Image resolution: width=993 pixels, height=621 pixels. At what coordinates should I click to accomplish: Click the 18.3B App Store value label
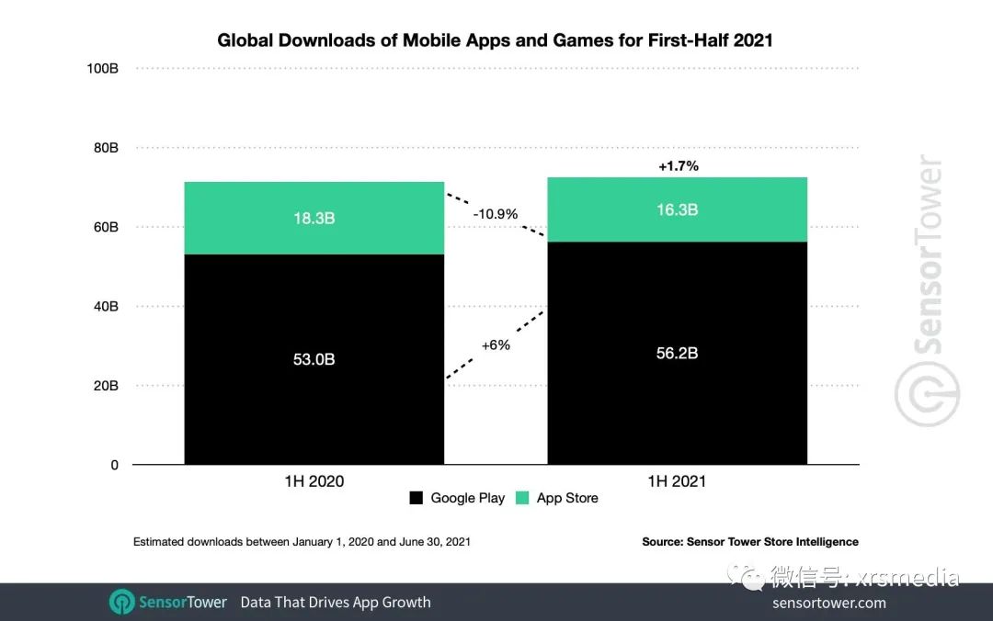(x=314, y=218)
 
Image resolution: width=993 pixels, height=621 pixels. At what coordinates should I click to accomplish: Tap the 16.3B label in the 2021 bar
(x=678, y=209)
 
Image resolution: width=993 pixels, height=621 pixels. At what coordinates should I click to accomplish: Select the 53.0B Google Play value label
(x=314, y=359)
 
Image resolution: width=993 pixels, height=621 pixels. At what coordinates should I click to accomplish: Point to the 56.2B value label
(x=678, y=353)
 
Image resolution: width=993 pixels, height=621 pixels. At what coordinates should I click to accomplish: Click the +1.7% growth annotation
(x=679, y=166)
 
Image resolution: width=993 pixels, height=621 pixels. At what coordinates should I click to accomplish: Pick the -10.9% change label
(x=496, y=214)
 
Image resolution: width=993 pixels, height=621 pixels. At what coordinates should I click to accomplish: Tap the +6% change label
(x=496, y=345)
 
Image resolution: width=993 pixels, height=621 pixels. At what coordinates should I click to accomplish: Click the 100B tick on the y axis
(x=102, y=69)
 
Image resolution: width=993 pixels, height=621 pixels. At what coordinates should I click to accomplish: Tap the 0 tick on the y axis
(x=114, y=465)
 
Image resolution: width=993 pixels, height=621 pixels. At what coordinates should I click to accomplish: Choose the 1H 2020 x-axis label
(x=314, y=481)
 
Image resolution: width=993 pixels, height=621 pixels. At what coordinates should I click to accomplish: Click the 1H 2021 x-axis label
(x=677, y=481)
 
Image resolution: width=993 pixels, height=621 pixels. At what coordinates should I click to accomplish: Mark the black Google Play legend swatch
(x=417, y=498)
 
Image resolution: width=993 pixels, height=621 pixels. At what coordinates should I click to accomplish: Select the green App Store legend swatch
(x=522, y=498)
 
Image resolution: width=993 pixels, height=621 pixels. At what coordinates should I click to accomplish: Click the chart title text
(x=496, y=40)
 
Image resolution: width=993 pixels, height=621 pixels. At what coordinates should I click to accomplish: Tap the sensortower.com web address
(x=829, y=603)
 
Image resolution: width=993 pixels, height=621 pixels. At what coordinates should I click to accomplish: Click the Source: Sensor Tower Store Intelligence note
(x=750, y=542)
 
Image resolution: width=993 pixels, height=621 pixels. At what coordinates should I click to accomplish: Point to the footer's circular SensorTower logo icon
(x=122, y=602)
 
